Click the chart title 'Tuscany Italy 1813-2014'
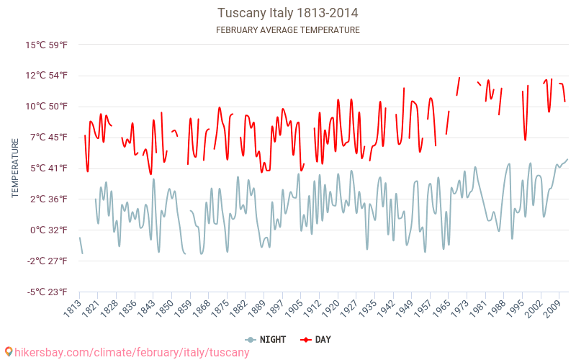(288, 13)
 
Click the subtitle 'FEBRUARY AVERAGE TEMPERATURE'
(288, 30)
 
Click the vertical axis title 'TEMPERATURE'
(15, 168)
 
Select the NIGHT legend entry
(265, 340)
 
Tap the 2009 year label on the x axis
(553, 311)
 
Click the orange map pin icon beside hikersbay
(8, 352)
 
